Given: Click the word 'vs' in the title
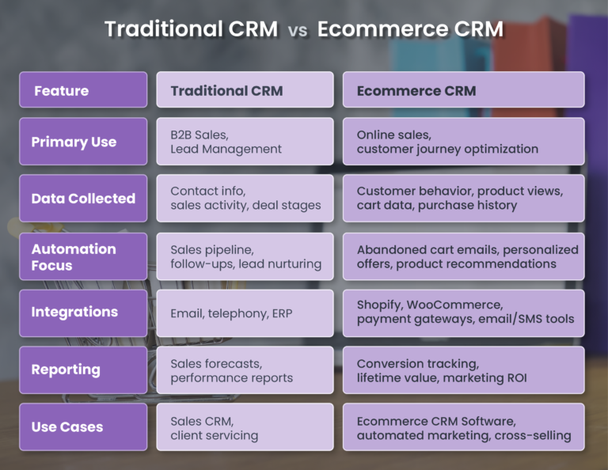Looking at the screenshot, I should pos(298,31).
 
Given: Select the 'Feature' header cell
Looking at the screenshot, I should pos(83,90).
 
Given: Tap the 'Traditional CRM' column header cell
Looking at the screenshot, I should pos(245,90).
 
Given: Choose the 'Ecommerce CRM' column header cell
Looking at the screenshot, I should pos(463,90).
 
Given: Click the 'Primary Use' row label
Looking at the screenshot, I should pos(83,142).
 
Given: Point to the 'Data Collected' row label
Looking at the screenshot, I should pos(83,199).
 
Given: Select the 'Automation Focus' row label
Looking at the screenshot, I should pos(83,256).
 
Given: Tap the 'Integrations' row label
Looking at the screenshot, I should pos(83,313).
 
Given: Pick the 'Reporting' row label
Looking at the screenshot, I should pos(83,370).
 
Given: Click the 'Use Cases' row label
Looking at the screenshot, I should pos(83,426).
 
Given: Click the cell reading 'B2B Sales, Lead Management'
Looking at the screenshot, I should pos(245,142).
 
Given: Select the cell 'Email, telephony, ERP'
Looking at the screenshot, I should pos(245,313).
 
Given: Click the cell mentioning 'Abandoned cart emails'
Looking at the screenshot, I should pos(463,256).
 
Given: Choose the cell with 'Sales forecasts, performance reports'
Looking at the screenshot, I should pos(245,370).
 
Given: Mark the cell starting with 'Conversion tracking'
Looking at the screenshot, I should pos(463,370).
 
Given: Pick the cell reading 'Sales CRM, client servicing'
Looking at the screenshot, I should pos(245,427).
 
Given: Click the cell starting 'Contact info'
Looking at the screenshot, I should pos(245,199).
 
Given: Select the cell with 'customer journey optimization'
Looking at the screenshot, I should pos(463,142).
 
